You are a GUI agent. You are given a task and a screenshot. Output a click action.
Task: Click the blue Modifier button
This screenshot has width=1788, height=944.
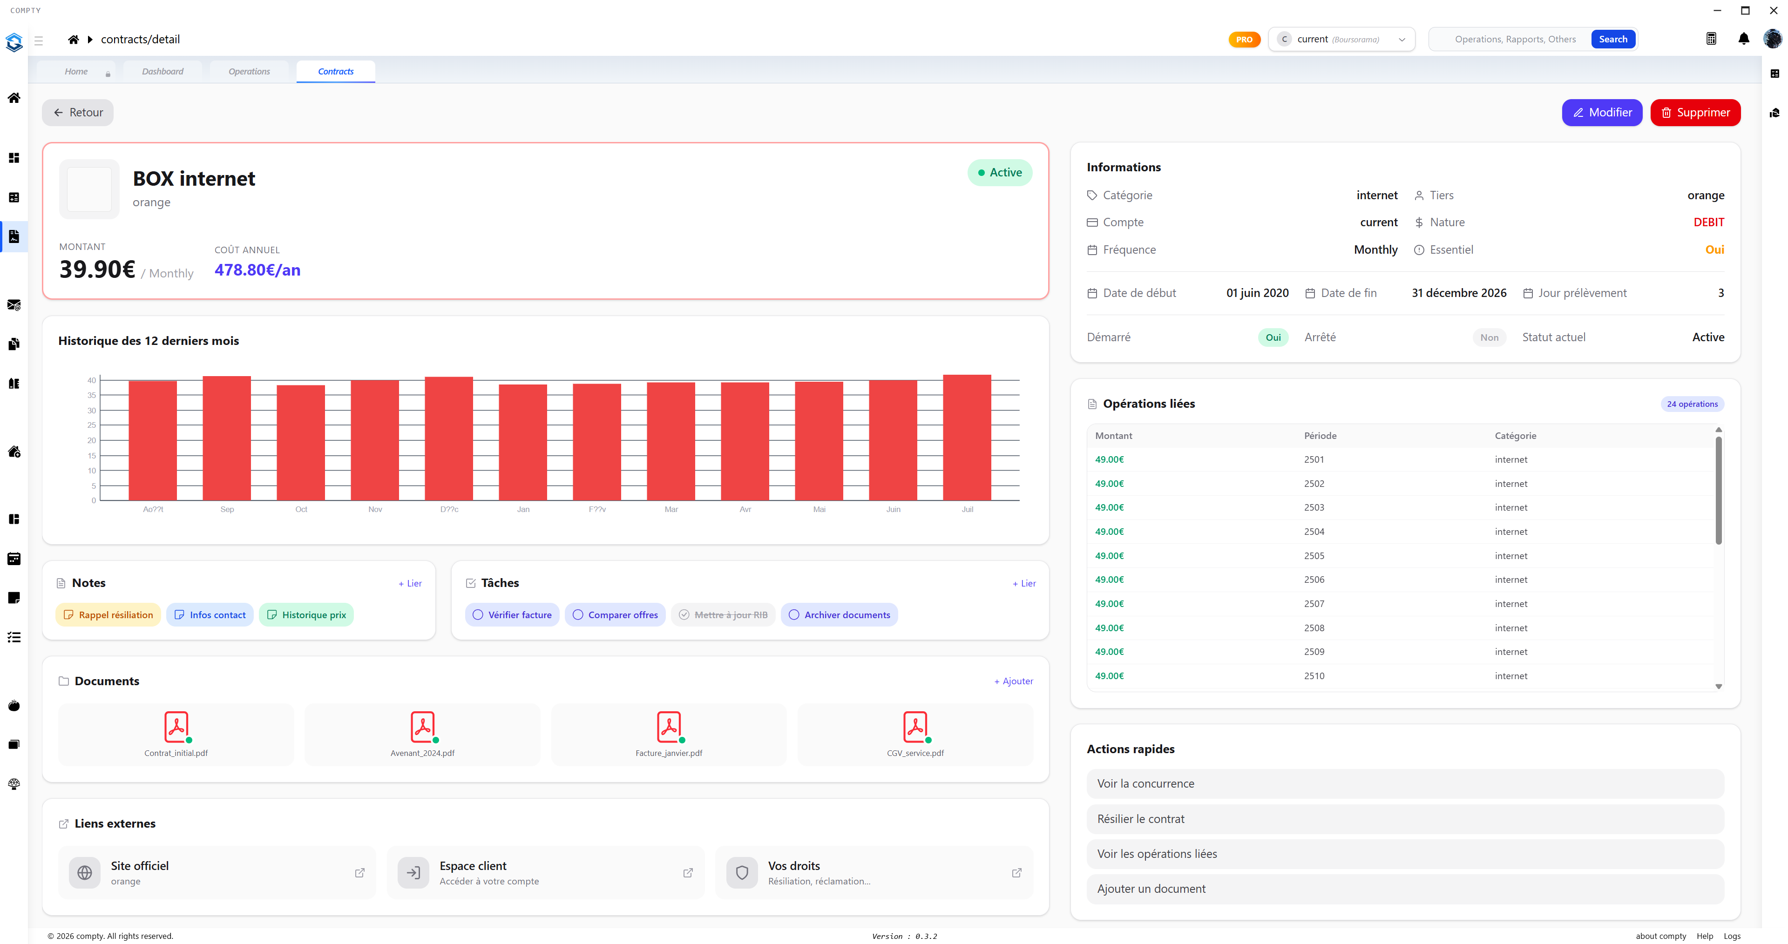[x=1601, y=113]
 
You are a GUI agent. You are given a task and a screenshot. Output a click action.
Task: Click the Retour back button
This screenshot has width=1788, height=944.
[x=78, y=113]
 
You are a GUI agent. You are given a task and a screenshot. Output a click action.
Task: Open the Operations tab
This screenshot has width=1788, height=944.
[x=249, y=72]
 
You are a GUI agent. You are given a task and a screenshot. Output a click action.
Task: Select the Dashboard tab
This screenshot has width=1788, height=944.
[x=163, y=72]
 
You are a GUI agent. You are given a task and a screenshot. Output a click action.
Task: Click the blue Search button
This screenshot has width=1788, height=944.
[x=1612, y=40]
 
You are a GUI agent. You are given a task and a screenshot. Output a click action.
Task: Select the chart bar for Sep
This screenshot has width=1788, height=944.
[x=227, y=438]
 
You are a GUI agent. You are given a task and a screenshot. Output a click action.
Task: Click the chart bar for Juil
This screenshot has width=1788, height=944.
[x=967, y=437]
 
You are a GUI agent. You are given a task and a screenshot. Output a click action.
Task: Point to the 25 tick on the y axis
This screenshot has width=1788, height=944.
[x=92, y=425]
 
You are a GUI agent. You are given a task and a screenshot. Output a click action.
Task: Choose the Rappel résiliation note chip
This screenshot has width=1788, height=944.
[x=108, y=615]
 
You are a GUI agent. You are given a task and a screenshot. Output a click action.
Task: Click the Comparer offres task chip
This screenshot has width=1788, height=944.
[x=615, y=615]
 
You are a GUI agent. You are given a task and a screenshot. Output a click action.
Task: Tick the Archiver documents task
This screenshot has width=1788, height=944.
[x=794, y=615]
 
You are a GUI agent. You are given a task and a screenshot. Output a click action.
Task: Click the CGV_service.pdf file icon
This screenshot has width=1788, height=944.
[x=915, y=727]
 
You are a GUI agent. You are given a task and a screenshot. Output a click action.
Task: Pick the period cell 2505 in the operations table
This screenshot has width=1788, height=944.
[x=1314, y=556]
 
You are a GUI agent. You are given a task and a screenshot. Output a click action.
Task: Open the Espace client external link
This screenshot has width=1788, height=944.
[x=546, y=872]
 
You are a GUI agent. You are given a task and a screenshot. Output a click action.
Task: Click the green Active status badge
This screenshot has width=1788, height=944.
[x=1000, y=173]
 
